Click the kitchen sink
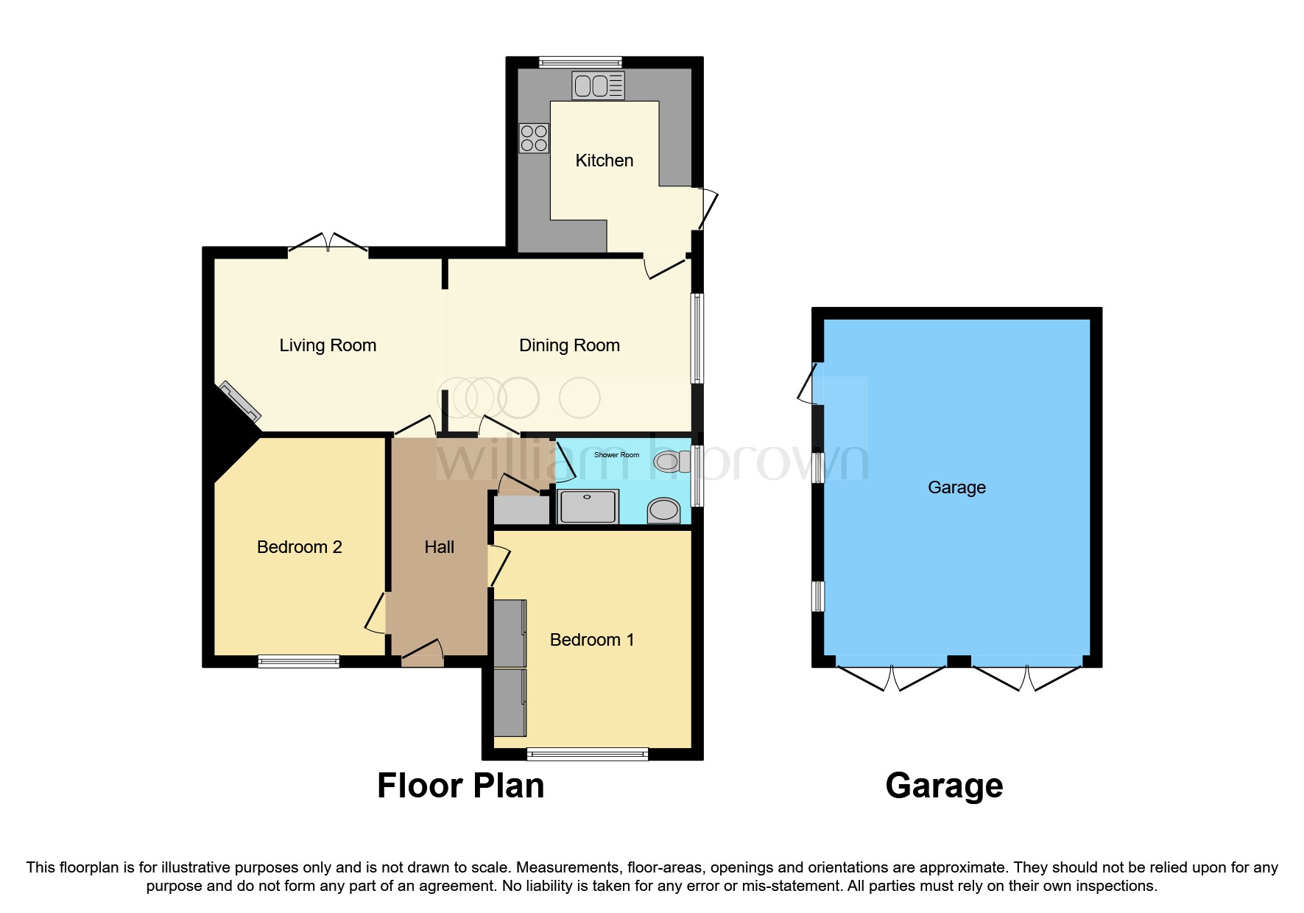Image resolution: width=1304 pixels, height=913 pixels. click(x=598, y=86)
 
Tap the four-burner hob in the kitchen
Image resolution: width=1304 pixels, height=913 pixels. click(x=534, y=138)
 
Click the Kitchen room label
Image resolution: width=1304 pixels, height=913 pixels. click(x=604, y=161)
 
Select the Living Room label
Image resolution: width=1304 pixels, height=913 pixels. click(x=328, y=345)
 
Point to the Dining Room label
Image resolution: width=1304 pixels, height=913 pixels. click(x=569, y=345)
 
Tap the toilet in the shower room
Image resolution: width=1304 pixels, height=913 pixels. click(x=669, y=462)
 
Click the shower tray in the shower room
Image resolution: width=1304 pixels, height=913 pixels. click(x=588, y=507)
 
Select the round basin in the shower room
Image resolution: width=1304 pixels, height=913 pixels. click(x=664, y=510)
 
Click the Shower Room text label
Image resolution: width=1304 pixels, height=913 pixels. click(x=616, y=455)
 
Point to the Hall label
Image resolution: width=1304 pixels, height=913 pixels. click(x=439, y=547)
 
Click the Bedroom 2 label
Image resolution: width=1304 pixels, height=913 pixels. click(x=299, y=547)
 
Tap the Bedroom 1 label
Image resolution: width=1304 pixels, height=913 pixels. click(x=591, y=640)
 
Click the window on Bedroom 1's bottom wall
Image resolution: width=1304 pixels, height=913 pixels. click(x=587, y=753)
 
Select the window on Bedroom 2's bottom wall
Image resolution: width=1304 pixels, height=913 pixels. click(x=298, y=661)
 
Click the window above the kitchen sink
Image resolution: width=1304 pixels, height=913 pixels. click(x=580, y=63)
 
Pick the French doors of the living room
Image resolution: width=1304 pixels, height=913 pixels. click(x=328, y=244)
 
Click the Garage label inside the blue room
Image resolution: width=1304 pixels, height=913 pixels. click(x=956, y=487)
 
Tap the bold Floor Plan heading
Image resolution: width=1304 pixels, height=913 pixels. click(x=460, y=786)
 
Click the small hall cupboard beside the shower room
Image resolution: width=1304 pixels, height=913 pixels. click(x=521, y=510)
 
